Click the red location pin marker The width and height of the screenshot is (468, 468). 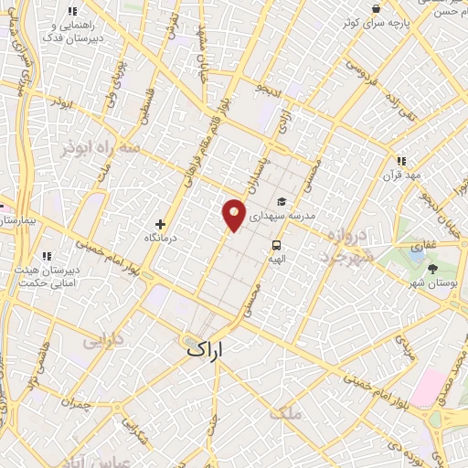(x=235, y=216)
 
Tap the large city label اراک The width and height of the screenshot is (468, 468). (x=205, y=349)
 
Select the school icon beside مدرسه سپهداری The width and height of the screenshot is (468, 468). (x=282, y=201)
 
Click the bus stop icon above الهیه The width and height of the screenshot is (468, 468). (x=275, y=245)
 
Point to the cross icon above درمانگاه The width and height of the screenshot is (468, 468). (x=161, y=223)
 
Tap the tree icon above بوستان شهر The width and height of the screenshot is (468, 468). (x=432, y=269)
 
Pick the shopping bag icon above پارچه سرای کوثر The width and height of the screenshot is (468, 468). (x=377, y=9)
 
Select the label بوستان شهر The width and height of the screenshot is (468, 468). (x=434, y=284)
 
